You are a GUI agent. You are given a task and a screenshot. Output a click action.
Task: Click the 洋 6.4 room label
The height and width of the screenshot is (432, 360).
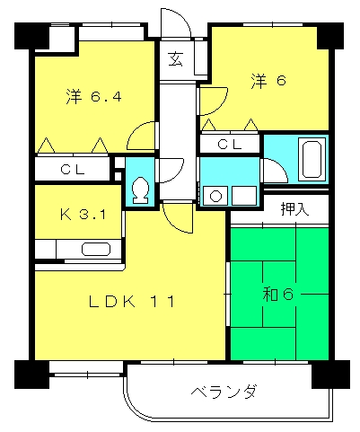(x=92, y=95)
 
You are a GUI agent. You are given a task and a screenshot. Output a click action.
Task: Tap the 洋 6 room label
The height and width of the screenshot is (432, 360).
(x=268, y=81)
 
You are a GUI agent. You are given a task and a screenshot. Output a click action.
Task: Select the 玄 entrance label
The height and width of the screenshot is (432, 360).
(x=175, y=61)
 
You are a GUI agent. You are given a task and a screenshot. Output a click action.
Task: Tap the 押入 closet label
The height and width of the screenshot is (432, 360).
(x=294, y=210)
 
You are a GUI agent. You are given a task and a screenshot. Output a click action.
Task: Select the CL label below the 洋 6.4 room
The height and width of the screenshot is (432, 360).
(x=74, y=169)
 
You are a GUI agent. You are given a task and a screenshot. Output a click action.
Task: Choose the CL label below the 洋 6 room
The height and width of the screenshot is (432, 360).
(x=230, y=143)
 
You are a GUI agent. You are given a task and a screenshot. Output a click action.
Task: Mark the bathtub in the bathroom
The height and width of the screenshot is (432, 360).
(x=312, y=159)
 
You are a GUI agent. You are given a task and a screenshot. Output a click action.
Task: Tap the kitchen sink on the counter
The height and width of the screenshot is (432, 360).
(x=93, y=250)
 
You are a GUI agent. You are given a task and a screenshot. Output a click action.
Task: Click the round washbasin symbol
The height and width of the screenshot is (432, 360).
(x=215, y=194)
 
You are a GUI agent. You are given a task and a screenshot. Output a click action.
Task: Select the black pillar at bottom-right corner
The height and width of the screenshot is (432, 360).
(x=327, y=373)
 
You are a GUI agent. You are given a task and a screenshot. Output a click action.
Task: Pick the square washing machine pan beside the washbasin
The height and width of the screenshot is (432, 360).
(x=242, y=194)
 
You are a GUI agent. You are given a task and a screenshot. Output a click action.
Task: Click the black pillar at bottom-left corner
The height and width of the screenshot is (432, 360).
(x=31, y=372)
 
